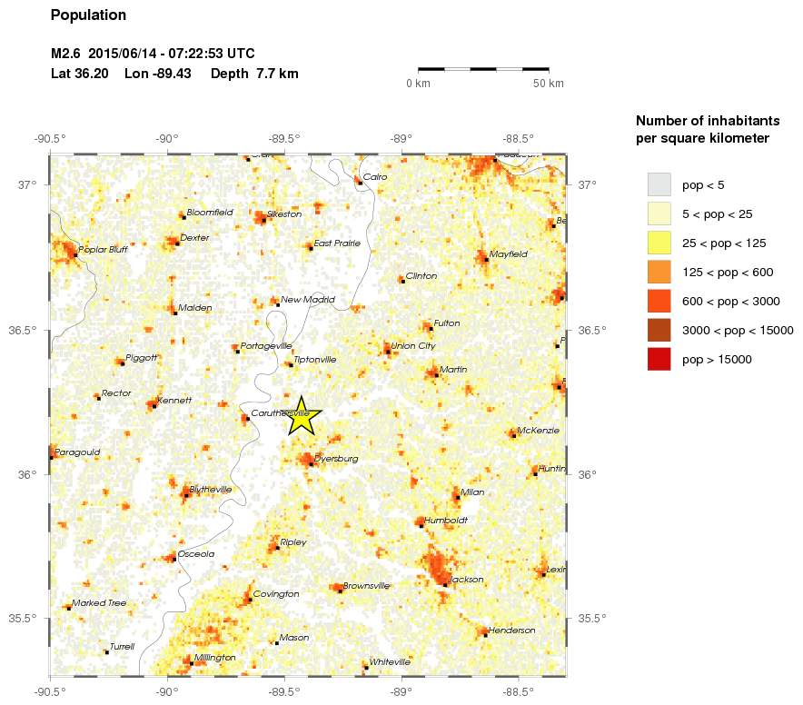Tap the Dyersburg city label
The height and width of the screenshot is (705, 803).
click(x=336, y=459)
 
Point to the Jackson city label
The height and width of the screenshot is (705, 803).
click(x=466, y=579)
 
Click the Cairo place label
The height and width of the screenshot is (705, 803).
click(x=374, y=176)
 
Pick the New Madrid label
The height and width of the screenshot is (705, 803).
click(x=308, y=299)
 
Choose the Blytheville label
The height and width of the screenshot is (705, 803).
click(x=210, y=489)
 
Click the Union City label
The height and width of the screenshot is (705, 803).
click(x=413, y=345)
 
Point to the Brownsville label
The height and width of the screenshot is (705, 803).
click(x=366, y=586)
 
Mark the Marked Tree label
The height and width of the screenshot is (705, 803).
click(x=99, y=602)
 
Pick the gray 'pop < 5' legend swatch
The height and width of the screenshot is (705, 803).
click(x=659, y=184)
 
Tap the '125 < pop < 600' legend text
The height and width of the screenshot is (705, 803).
click(x=727, y=272)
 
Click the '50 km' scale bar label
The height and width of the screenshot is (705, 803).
click(x=549, y=84)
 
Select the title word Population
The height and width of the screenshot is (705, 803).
click(x=88, y=15)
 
